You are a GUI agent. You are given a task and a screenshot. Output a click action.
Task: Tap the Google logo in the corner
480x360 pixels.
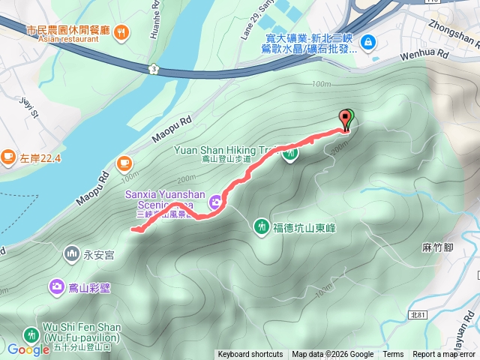(28, 349)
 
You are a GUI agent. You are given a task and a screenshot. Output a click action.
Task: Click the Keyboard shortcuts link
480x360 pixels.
(250, 355)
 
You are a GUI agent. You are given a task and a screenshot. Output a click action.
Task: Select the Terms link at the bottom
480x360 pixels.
(393, 355)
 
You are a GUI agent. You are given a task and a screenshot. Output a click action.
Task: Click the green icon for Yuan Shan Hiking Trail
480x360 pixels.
(291, 154)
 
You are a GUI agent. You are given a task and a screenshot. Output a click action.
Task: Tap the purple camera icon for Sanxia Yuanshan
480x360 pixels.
(216, 201)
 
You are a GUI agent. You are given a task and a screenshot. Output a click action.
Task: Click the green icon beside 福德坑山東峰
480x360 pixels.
(262, 225)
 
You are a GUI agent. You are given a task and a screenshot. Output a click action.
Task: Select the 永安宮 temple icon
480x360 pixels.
(72, 253)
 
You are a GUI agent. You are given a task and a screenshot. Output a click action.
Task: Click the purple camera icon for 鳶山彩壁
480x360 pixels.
(57, 286)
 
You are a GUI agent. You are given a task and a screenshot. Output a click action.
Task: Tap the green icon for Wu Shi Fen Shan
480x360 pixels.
(31, 335)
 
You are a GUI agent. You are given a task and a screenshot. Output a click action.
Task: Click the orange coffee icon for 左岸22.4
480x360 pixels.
(8, 157)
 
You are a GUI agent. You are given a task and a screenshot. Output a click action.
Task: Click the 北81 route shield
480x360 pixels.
(418, 316)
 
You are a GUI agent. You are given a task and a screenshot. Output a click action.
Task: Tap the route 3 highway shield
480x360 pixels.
(154, 69)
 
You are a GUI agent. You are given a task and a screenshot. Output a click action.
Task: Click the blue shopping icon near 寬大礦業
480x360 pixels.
(368, 41)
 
